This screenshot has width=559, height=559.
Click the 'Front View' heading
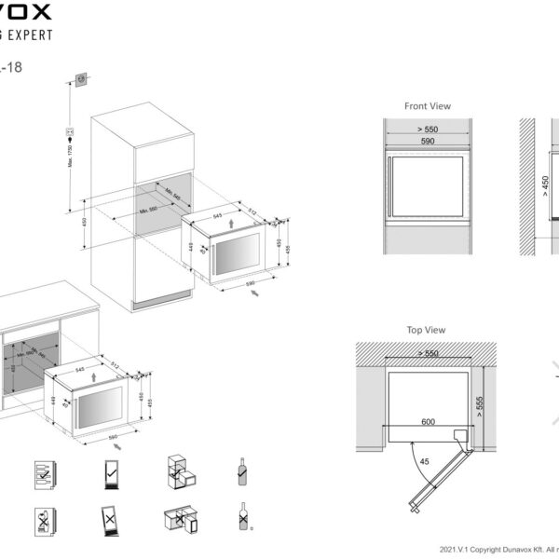(428, 106)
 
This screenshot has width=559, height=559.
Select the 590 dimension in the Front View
(428, 142)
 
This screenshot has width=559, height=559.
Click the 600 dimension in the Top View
(428, 421)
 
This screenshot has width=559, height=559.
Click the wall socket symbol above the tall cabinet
(81, 79)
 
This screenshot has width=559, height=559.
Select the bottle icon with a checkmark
(241, 471)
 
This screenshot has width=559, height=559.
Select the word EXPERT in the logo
(28, 34)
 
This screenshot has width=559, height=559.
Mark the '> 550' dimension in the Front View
(428, 129)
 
